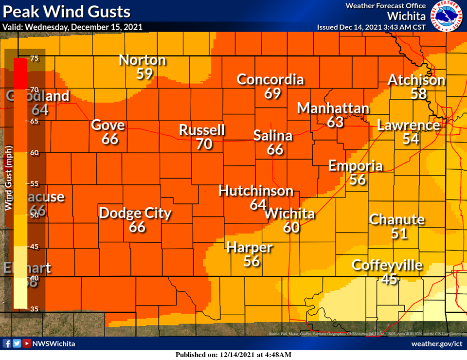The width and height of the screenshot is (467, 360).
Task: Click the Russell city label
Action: [x=202, y=130]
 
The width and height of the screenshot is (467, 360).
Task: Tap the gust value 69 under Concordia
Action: [x=272, y=93]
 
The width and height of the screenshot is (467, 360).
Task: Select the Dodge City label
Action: [x=135, y=213]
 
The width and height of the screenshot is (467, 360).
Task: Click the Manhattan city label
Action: [x=333, y=108]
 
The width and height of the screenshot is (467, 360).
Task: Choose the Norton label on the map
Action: [x=142, y=60]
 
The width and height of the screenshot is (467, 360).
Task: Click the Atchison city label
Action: [x=416, y=80]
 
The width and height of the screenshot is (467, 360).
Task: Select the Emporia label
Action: [x=356, y=165]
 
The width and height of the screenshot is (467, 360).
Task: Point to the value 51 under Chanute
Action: [x=399, y=233]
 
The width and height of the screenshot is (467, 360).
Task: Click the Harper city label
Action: [x=250, y=247]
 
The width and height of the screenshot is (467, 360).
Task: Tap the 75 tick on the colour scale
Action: [x=35, y=58]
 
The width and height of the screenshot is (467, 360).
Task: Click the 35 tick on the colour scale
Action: [x=35, y=309]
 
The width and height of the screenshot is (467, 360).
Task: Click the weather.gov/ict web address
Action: [x=436, y=344]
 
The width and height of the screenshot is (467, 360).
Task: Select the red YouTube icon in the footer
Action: [x=27, y=343]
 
